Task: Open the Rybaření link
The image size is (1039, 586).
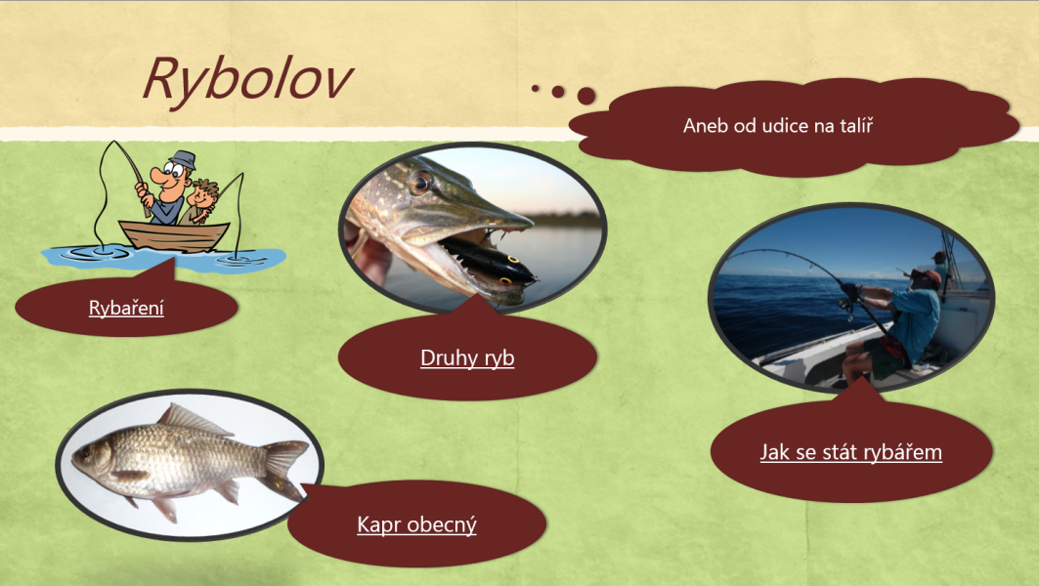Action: (x=126, y=308)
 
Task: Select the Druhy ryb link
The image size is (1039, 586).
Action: (x=467, y=357)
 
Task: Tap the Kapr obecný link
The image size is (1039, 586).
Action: (x=416, y=524)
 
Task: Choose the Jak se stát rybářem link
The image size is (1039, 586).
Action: (x=850, y=452)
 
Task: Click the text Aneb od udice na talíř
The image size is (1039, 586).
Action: (x=778, y=126)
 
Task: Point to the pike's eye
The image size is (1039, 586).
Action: (x=420, y=182)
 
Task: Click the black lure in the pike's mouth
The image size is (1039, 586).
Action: (x=487, y=262)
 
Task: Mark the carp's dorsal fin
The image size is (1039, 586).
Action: (x=194, y=420)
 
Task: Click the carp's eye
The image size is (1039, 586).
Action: (x=85, y=453)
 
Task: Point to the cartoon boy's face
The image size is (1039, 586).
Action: (x=204, y=194)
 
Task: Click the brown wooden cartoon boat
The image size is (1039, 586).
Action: (x=175, y=235)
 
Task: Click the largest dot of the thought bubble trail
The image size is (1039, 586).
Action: (x=586, y=96)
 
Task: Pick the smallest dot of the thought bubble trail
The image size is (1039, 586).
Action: (x=536, y=88)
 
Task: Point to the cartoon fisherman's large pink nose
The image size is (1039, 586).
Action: (x=159, y=176)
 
